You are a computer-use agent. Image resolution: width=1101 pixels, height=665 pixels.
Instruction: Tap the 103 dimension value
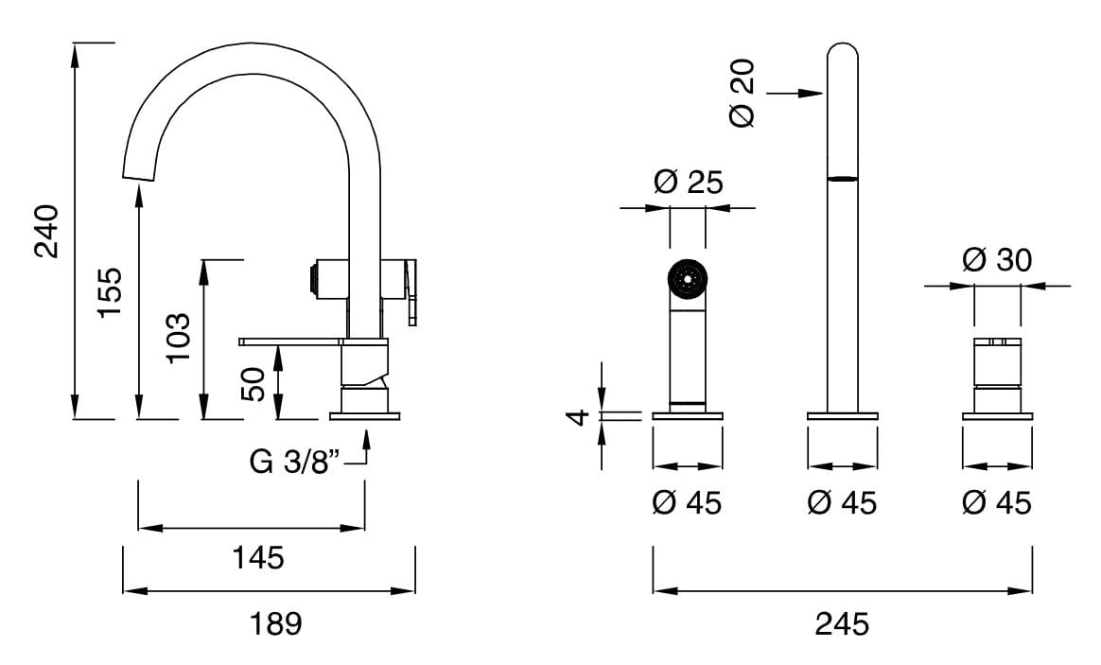177,339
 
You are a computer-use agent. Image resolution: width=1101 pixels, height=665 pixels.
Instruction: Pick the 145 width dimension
257,557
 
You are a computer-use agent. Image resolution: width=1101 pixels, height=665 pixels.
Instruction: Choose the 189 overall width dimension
275,623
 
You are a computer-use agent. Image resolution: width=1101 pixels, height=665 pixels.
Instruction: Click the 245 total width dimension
842,623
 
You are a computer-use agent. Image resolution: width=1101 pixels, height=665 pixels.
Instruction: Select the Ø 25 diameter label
688,181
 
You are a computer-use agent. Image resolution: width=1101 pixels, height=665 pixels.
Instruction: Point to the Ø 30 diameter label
997,259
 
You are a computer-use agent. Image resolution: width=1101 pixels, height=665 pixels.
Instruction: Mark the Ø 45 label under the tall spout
842,502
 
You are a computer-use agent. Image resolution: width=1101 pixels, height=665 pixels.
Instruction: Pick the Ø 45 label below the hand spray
687,502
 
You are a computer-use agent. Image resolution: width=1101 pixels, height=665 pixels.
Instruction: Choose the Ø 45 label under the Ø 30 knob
997,502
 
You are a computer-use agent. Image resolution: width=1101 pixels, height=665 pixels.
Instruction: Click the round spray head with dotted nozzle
687,277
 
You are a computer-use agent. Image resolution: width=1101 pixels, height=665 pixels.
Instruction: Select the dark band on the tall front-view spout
842,178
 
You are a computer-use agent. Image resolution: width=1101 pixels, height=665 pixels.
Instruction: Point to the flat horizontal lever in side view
289,340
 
